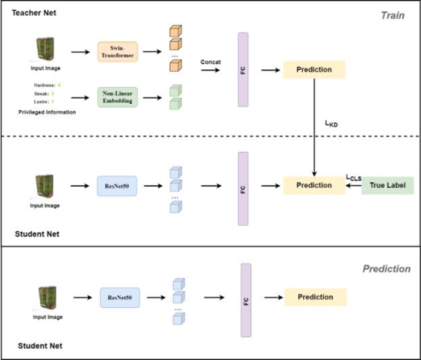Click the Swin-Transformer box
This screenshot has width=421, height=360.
click(118, 52)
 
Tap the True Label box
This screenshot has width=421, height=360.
click(387, 185)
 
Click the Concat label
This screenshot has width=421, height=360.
click(211, 61)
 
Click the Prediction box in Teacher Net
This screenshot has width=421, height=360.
click(315, 70)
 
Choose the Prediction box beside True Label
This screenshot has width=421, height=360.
click(315, 185)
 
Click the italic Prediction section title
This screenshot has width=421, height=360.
click(386, 269)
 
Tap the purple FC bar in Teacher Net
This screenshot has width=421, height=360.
click(243, 70)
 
